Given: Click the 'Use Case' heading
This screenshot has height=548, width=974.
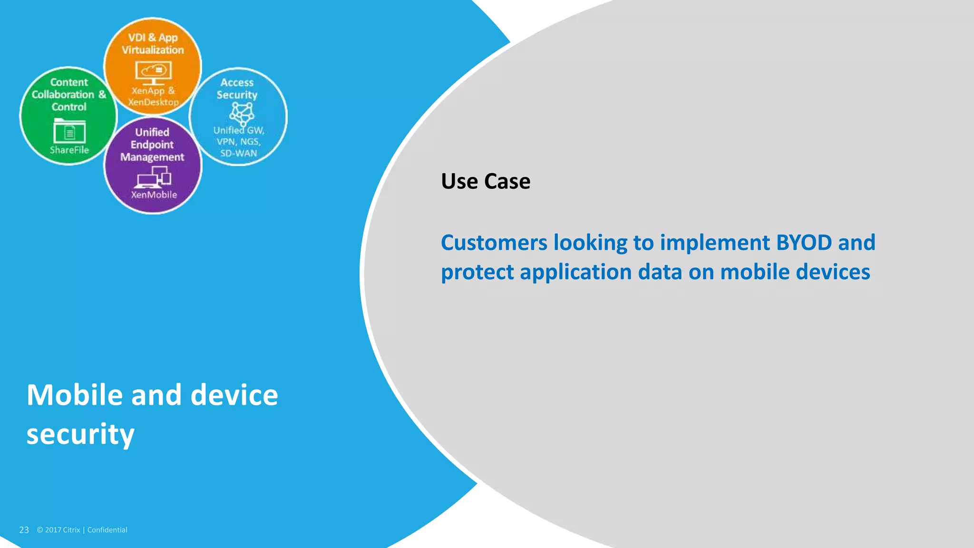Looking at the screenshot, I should (485, 181).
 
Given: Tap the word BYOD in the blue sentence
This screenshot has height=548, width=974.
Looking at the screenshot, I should (804, 243).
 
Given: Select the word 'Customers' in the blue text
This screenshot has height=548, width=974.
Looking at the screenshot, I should (494, 243).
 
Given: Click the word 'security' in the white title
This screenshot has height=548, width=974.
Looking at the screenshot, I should (80, 434).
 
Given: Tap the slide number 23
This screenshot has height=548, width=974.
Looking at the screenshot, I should (24, 530).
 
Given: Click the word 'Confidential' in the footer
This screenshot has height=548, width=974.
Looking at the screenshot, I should (107, 530).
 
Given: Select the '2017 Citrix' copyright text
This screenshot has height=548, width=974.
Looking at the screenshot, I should (62, 530).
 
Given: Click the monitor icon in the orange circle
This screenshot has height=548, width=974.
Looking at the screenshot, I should (153, 72).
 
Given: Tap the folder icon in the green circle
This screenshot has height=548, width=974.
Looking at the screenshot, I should (69, 131).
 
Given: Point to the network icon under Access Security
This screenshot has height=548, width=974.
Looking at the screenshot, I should (242, 113).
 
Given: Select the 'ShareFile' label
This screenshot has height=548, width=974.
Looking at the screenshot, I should (69, 150).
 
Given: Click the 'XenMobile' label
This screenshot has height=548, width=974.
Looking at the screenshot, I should (154, 195).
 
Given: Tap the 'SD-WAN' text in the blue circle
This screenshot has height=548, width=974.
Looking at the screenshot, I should (238, 153).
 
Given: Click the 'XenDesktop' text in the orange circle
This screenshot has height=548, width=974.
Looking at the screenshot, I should (153, 102).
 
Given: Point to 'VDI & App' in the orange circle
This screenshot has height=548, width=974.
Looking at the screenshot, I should (153, 38).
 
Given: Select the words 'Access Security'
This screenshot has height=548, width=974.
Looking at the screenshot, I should (237, 88).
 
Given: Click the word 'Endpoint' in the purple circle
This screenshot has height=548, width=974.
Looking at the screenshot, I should (152, 145).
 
